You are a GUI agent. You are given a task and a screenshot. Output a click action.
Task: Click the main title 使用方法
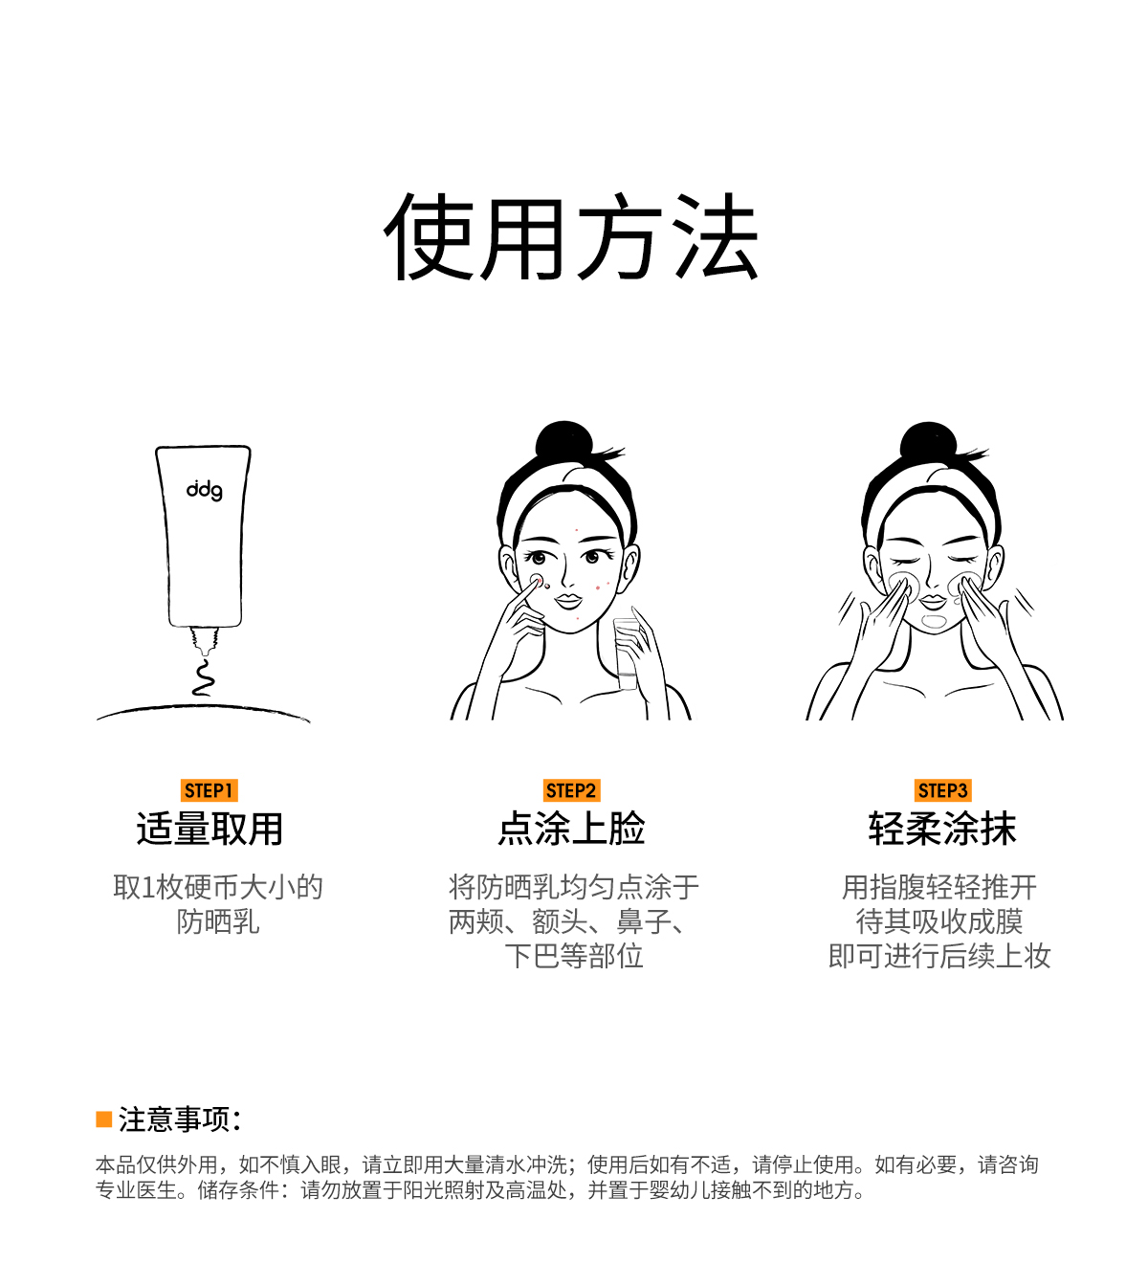click(570, 236)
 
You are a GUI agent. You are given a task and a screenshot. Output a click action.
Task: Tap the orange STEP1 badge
click(209, 790)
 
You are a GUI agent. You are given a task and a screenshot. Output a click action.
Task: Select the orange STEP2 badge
click(571, 790)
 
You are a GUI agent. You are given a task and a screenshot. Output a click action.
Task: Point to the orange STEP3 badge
click(942, 790)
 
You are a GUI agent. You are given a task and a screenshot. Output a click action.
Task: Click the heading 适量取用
click(210, 829)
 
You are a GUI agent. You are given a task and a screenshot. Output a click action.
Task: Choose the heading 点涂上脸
click(571, 829)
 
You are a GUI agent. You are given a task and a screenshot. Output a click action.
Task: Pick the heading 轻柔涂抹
click(942, 829)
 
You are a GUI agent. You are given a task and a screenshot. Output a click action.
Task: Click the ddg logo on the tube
click(204, 490)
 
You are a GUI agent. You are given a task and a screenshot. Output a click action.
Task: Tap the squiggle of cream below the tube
click(203, 676)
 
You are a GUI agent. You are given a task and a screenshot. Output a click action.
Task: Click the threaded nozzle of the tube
click(205, 641)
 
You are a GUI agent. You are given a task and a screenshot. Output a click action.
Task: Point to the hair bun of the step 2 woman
click(563, 441)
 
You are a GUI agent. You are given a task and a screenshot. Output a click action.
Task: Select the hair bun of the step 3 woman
click(928, 442)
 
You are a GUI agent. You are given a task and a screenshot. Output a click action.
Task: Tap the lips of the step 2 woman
click(568, 601)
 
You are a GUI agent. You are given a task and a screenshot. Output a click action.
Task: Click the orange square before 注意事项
click(104, 1119)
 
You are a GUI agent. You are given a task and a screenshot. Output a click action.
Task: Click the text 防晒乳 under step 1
click(218, 922)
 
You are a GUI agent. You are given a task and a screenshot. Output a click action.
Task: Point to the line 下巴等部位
click(574, 956)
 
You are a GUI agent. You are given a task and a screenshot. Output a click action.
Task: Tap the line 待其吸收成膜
click(938, 921)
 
